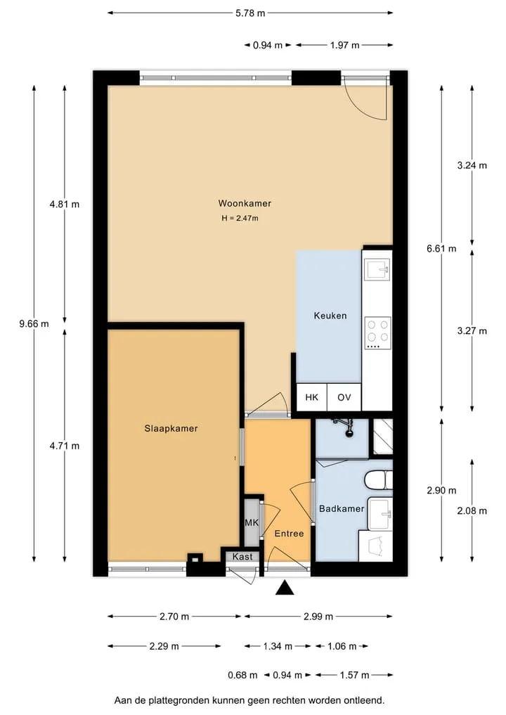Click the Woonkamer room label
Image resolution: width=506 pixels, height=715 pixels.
(245, 203)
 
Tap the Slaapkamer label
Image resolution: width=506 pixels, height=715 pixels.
(171, 428)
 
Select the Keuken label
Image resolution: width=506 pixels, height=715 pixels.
(330, 316)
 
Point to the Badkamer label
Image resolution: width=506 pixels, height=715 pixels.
(342, 508)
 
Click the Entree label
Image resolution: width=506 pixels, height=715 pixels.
(289, 534)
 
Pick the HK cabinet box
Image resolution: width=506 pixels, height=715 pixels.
(312, 397)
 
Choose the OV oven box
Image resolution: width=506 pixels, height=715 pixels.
(344, 397)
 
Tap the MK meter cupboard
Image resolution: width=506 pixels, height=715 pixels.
(252, 522)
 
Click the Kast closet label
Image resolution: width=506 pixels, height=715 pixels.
(242, 557)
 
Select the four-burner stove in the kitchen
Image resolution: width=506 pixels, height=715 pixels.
(378, 333)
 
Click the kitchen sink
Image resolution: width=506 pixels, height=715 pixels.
(377, 269)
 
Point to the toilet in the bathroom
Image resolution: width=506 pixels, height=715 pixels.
(378, 479)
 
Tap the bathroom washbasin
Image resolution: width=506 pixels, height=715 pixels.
(379, 514)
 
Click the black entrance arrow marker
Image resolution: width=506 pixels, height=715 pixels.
(285, 588)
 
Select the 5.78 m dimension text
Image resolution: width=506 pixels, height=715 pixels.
(250, 13)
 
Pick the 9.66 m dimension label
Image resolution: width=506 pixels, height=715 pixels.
(34, 324)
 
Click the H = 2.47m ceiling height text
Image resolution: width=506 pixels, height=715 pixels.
(240, 219)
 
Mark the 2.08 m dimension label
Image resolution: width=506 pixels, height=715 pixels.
(472, 510)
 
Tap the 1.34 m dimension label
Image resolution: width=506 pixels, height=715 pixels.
(278, 646)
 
